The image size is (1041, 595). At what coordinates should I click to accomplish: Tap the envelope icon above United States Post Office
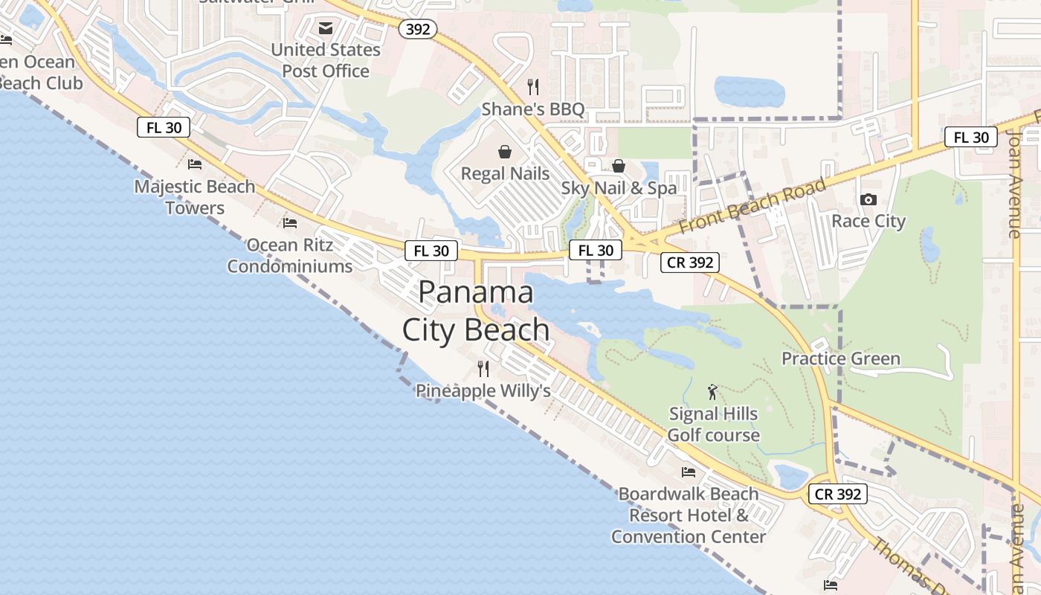(326, 28)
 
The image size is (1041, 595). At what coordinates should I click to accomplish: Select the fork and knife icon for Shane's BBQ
(532, 87)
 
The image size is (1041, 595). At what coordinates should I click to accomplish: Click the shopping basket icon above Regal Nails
(505, 152)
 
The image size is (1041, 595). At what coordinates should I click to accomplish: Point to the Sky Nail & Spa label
(619, 188)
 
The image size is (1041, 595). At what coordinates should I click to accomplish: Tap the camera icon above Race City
(868, 199)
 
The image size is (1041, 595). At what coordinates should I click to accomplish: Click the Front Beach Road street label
(752, 206)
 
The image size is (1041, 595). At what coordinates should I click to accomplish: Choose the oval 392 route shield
(418, 29)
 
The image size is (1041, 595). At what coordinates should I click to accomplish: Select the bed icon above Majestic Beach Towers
(195, 164)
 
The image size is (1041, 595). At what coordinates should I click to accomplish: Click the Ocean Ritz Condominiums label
(289, 255)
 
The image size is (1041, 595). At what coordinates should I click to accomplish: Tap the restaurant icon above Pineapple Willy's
(483, 368)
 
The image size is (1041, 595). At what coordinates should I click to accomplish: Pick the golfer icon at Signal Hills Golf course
(713, 392)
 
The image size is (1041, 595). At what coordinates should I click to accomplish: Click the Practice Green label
(840, 358)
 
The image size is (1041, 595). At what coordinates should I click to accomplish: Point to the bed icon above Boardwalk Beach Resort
(689, 472)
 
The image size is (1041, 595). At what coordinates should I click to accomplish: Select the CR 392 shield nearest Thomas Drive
(837, 494)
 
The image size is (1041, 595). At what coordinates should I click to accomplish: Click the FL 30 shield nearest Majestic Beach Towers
(164, 127)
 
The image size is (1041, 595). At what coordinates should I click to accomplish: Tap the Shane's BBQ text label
(533, 109)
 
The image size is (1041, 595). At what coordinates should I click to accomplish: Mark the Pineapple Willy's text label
(483, 390)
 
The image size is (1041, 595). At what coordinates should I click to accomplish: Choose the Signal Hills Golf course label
(713, 425)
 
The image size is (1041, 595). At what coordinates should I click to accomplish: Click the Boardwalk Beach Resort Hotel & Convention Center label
(689, 515)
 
